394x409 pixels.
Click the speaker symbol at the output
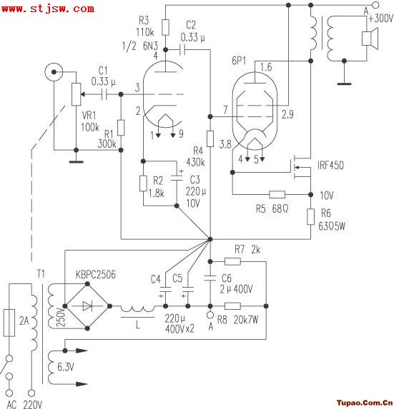(x=370, y=39)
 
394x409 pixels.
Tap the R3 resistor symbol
(x=165, y=27)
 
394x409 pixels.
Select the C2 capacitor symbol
(x=182, y=49)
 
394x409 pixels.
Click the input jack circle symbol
(x=54, y=71)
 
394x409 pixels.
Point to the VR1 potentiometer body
(x=76, y=94)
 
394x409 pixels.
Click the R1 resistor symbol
(x=121, y=128)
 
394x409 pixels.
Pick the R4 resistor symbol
(x=210, y=139)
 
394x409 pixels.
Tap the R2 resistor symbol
(x=143, y=183)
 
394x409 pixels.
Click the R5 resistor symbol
(x=277, y=194)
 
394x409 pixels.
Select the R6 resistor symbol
(x=310, y=217)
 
